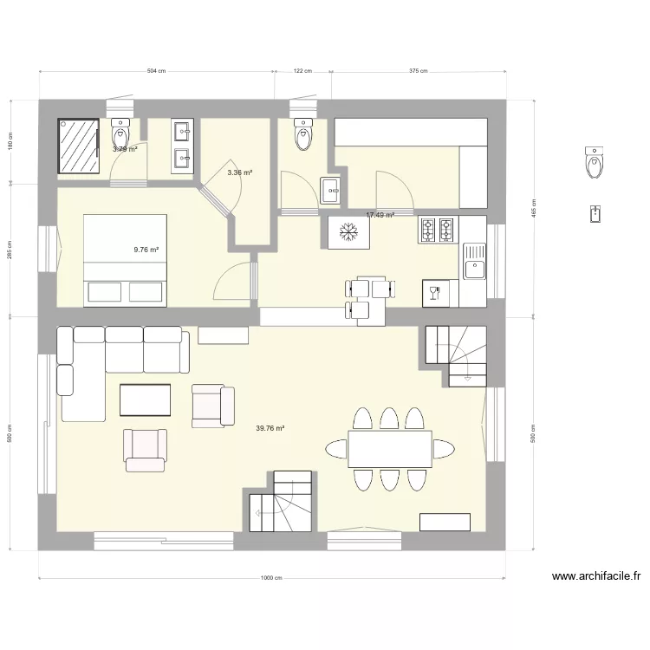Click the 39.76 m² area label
tap(270, 428)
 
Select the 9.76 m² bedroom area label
tap(146, 250)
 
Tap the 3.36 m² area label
tap(239, 173)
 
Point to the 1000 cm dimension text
tap(271, 579)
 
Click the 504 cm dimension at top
tap(156, 72)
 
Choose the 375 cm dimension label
tap(418, 72)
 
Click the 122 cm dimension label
tap(302, 72)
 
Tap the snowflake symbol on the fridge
tap(350, 232)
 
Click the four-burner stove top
tap(437, 230)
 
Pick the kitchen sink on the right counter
tap(474, 261)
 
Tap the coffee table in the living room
tap(146, 400)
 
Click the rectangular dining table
tap(390, 449)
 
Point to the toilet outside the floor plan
tap(595, 162)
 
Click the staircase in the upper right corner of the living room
tap(456, 354)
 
